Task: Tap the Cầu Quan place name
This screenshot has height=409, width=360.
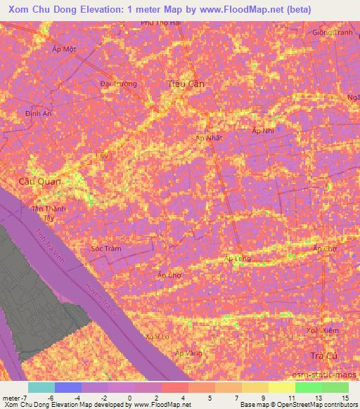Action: click(x=39, y=181)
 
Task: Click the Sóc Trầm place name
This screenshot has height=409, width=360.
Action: click(x=108, y=249)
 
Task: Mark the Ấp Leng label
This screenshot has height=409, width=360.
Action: click(x=237, y=259)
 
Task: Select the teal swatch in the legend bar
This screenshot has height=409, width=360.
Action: click(x=41, y=387)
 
